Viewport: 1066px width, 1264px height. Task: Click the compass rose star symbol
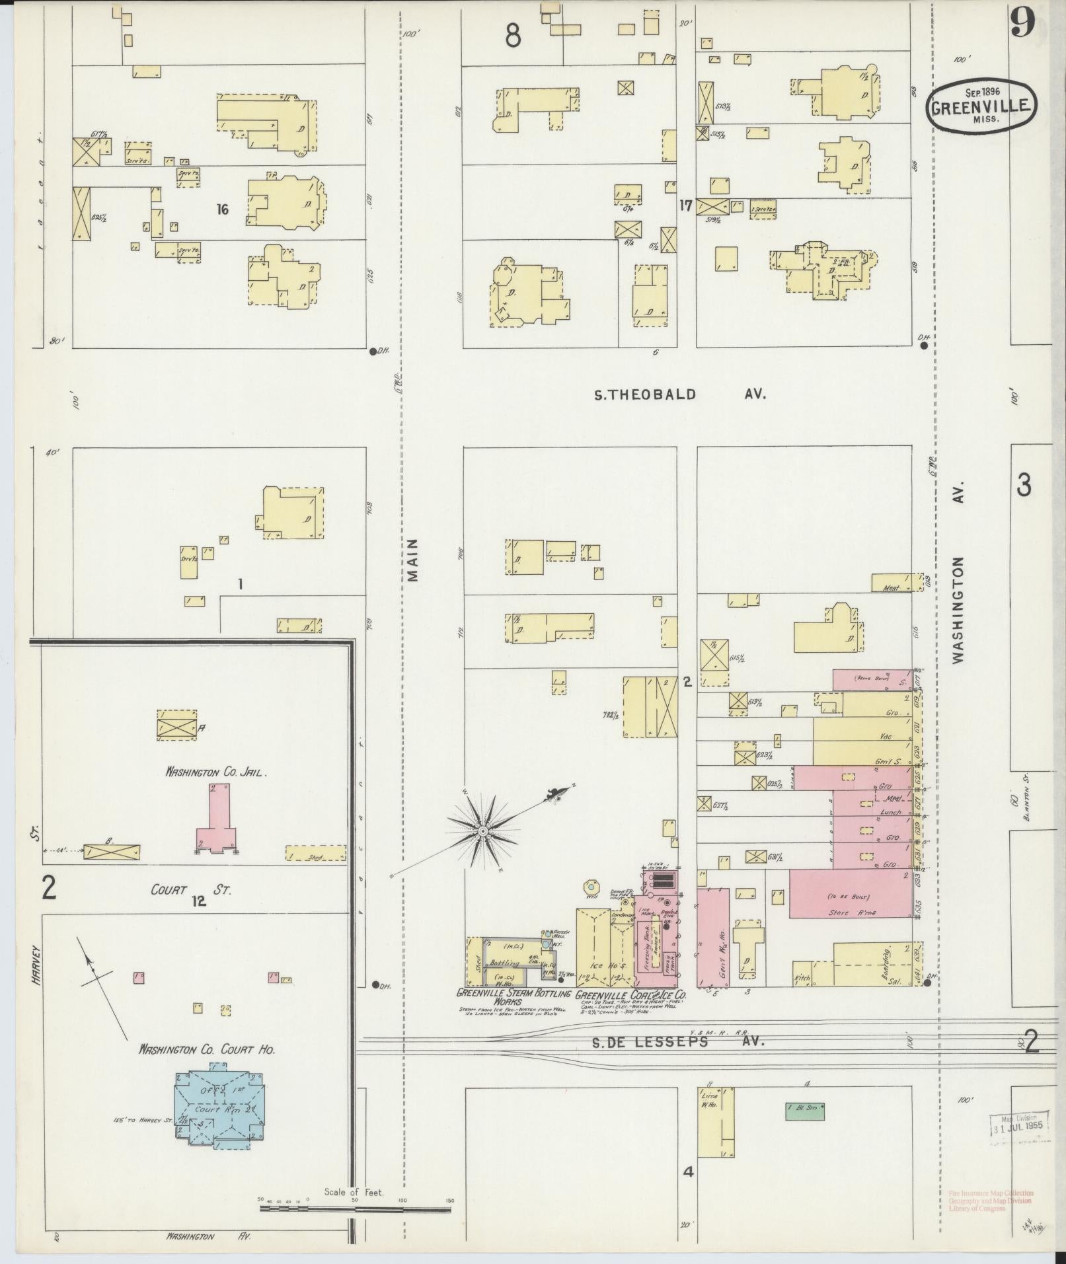tap(484, 829)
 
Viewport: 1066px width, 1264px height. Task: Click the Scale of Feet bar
tap(355, 1209)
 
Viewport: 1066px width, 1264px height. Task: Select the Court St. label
tap(191, 890)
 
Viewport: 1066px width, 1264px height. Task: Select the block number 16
tap(222, 209)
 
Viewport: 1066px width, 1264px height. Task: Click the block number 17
tap(685, 205)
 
